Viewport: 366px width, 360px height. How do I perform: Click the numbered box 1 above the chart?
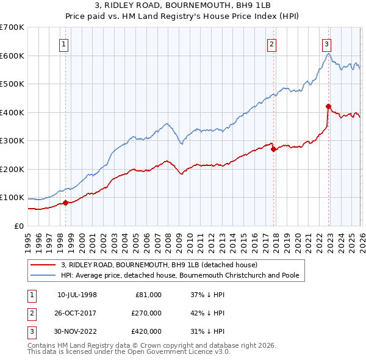pos(64,43)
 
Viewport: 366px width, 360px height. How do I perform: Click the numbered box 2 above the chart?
pos(271,43)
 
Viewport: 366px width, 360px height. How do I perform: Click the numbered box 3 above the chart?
pos(326,43)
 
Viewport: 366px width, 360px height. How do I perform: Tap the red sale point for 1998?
pos(65,203)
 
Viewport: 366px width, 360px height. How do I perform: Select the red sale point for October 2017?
pos(273,149)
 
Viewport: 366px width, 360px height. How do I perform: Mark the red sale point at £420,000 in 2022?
pos(328,107)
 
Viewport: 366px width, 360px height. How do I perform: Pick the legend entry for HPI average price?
pos(180,276)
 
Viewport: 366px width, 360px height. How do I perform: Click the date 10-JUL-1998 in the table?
pos(77,295)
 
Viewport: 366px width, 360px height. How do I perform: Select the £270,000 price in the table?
pos(146,313)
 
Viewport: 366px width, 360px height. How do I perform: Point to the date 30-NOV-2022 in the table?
pos(77,331)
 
